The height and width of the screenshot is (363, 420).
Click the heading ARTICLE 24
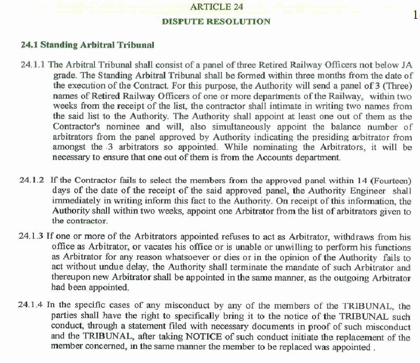click(217, 7)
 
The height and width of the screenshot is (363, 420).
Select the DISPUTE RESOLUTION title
click(216, 21)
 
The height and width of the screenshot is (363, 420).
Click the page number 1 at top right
click(415, 15)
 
